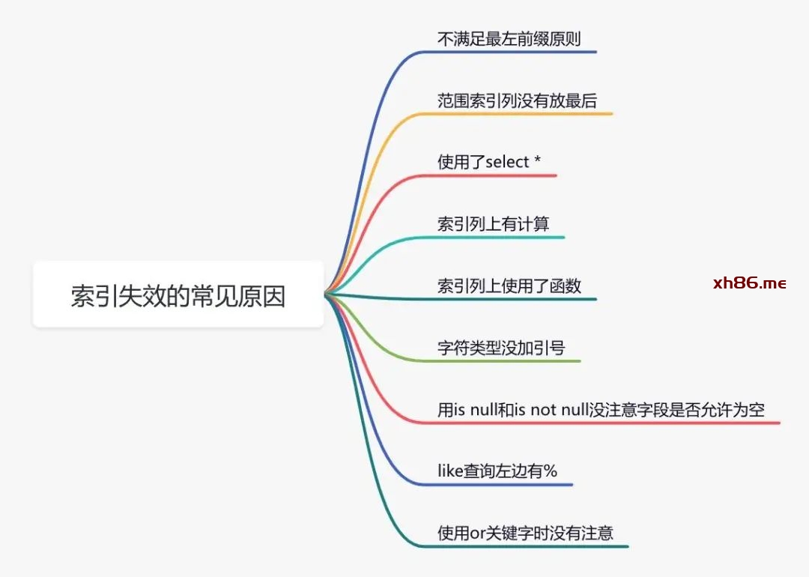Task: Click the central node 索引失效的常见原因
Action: click(178, 294)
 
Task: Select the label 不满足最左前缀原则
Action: click(509, 38)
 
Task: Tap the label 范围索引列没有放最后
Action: click(517, 100)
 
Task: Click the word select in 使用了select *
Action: click(508, 162)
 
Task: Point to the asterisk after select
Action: click(537, 161)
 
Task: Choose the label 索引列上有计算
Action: click(494, 224)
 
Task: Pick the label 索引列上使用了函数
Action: click(509, 286)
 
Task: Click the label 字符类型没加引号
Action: click(501, 348)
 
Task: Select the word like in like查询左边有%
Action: click(450, 471)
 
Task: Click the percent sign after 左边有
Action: click(551, 471)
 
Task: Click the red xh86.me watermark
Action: click(749, 283)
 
